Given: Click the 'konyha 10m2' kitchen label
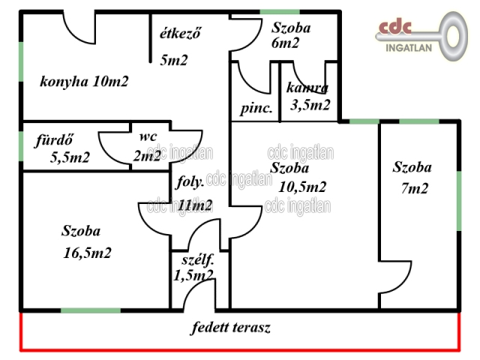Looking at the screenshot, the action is click(x=84, y=82).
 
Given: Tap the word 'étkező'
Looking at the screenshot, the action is click(x=180, y=33).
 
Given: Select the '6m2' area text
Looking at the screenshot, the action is click(x=285, y=43).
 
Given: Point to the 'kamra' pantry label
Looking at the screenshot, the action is click(x=307, y=88).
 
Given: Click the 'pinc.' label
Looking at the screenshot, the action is click(x=256, y=109).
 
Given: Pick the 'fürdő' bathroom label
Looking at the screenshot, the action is click(x=54, y=140).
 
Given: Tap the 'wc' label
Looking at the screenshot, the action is click(x=148, y=136).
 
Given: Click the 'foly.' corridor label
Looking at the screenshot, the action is click(x=190, y=182).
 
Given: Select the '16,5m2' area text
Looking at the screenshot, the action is click(x=87, y=253).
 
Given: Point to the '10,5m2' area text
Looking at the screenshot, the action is click(x=302, y=187).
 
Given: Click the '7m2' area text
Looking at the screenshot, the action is click(x=415, y=188).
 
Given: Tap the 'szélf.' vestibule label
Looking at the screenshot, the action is click(x=198, y=260).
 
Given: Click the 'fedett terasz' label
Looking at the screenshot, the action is click(x=231, y=327).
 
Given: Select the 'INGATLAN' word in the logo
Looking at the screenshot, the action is click(x=409, y=48).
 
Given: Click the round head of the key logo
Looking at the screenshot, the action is click(x=453, y=36).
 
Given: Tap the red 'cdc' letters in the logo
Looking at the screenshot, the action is click(x=394, y=27).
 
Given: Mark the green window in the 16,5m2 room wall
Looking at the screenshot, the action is click(x=91, y=310).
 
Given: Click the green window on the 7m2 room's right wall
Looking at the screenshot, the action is click(x=459, y=201).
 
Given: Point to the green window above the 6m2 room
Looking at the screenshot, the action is click(x=280, y=12).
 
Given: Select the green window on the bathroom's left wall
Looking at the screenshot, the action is click(x=21, y=146).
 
